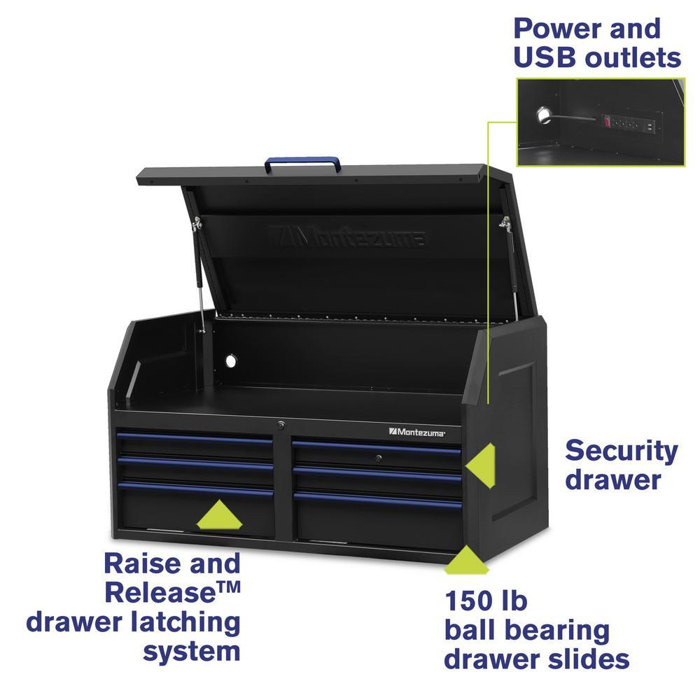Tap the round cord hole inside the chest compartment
[231, 360]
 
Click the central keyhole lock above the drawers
[281, 426]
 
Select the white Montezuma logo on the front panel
[417, 432]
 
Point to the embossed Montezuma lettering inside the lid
[346, 236]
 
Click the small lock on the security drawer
[378, 458]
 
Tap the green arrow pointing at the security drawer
[480, 465]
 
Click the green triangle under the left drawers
[219, 514]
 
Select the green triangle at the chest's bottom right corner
[466, 559]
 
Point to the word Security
[622, 451]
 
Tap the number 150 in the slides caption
[469, 601]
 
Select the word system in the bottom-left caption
[192, 652]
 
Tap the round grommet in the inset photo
[544, 115]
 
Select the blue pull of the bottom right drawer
[378, 500]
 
